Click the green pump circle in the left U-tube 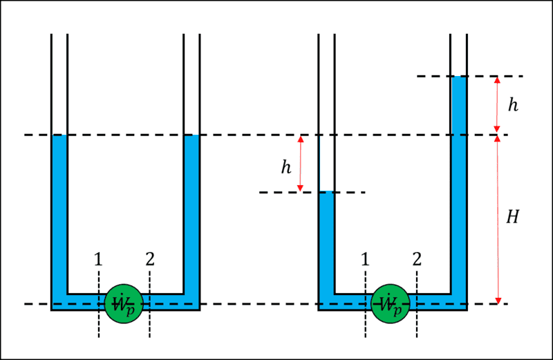[124, 303]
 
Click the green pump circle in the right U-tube [391, 303]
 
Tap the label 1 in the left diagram [98, 260]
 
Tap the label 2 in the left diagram [150, 260]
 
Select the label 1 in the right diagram [364, 260]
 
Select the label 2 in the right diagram [416, 260]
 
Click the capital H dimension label [512, 217]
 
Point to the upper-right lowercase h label [512, 105]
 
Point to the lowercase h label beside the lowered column [285, 166]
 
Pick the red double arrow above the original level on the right [497, 105]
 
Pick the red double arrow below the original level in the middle [300, 163]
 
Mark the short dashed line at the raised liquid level [470, 76]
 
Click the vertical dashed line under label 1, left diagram [98, 325]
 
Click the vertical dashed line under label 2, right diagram [416, 325]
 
